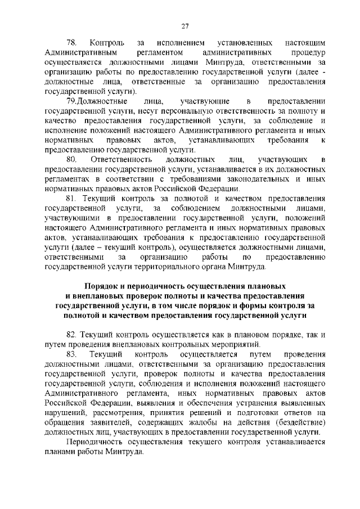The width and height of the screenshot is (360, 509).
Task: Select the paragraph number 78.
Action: [71, 42]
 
